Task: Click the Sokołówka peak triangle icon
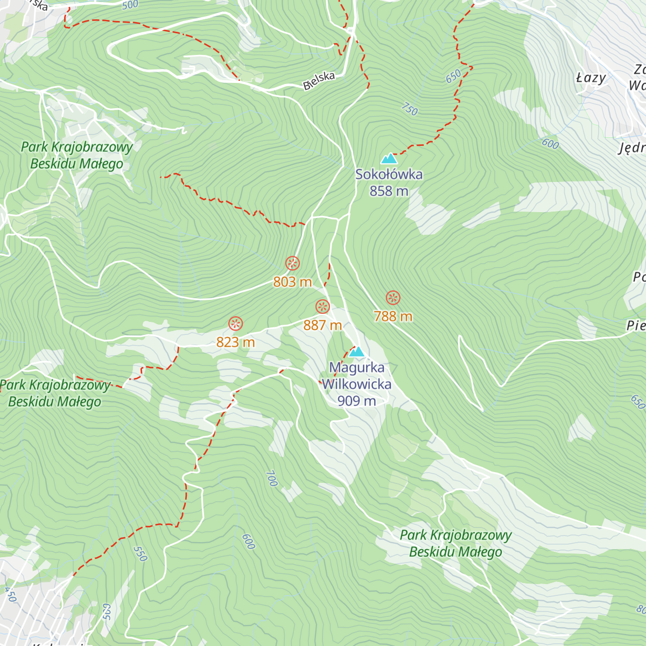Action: tap(389, 158)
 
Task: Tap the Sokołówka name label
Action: tap(389, 174)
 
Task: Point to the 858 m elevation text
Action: tap(389, 191)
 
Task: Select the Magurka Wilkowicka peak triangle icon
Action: tap(356, 352)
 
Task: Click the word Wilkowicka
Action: tap(356, 384)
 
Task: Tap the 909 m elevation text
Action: tap(356, 401)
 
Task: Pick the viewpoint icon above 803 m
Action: tap(292, 264)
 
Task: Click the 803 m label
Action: tap(292, 282)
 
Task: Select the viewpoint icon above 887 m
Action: tap(322, 307)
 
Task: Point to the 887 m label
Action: tap(322, 325)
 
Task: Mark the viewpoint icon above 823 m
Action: tap(236, 324)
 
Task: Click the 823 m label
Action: tap(235, 342)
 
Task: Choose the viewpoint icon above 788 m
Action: tap(393, 298)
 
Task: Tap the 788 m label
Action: tap(393, 317)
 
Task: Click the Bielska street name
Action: tap(319, 80)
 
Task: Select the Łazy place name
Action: tap(591, 78)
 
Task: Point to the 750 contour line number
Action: tap(409, 109)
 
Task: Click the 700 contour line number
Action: tap(271, 478)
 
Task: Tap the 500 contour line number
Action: tap(130, 5)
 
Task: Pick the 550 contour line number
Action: tap(139, 553)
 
